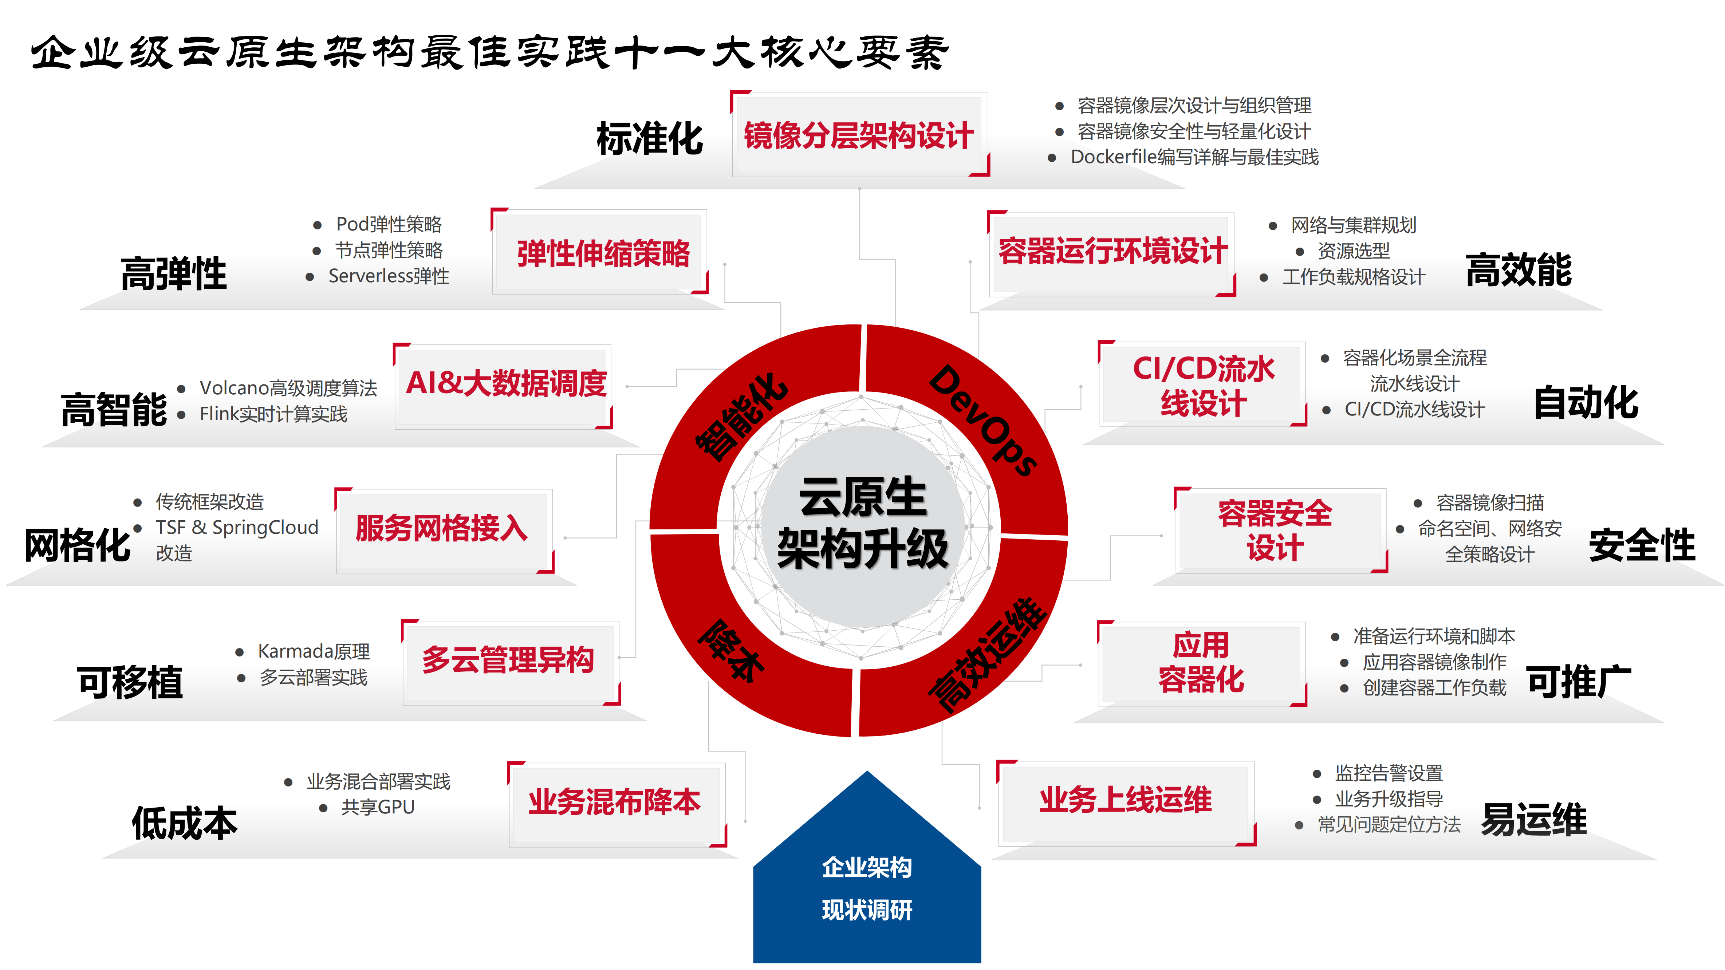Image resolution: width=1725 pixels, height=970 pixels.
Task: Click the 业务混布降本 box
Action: (614, 802)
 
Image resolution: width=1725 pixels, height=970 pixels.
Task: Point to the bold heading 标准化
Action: (650, 139)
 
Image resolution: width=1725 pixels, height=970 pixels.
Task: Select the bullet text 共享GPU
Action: (378, 807)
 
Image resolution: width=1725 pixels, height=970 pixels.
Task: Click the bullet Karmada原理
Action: (314, 651)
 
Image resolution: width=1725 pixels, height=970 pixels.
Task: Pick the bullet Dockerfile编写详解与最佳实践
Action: (1194, 157)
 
